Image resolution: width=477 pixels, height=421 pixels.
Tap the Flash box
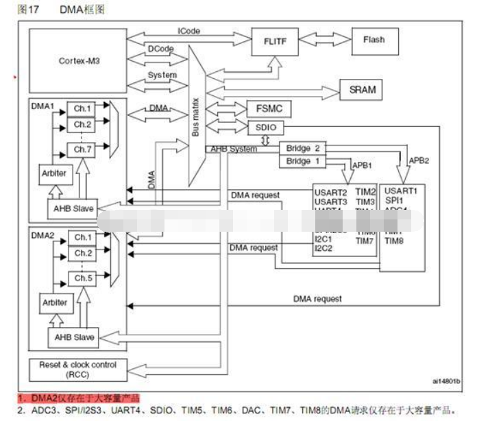[374, 40]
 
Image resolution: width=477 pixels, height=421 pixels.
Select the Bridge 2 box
[302, 149]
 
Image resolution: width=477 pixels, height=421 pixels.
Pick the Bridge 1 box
[302, 161]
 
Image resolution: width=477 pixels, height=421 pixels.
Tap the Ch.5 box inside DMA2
[83, 278]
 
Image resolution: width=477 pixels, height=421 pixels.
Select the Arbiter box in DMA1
[55, 173]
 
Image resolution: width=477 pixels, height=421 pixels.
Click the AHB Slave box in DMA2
[74, 337]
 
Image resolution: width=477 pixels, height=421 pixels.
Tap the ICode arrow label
[189, 31]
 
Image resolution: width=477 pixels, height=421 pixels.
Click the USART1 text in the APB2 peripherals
[401, 189]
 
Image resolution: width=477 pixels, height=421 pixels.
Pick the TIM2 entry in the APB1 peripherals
[367, 191]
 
